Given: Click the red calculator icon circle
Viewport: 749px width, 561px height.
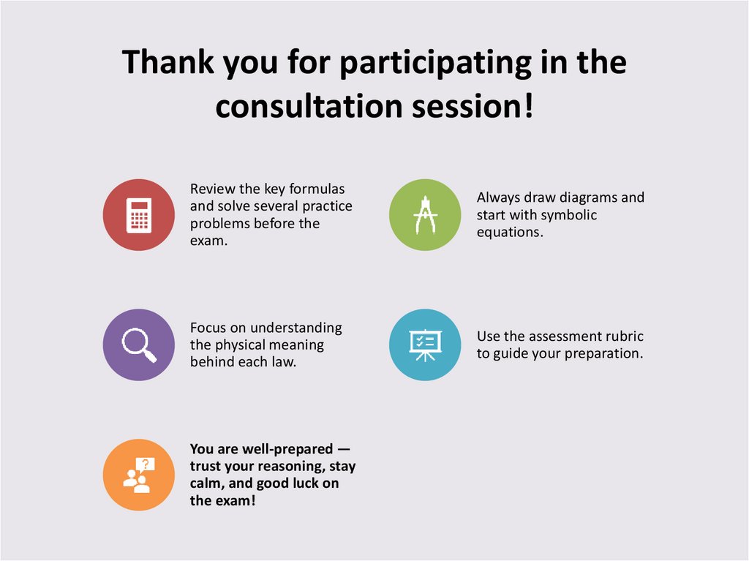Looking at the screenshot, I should click(x=139, y=215).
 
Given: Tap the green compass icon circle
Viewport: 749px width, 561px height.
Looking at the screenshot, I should click(x=425, y=215).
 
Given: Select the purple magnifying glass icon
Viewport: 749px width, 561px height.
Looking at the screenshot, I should click(x=139, y=344).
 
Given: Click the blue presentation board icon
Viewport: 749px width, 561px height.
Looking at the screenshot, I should click(x=425, y=344).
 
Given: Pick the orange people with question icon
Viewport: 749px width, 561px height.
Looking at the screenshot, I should click(x=139, y=474).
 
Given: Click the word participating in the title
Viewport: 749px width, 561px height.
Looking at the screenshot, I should click(x=435, y=63).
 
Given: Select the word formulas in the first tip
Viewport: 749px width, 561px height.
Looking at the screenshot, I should click(x=319, y=189).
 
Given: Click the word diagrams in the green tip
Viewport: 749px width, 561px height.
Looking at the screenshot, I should click(x=587, y=197).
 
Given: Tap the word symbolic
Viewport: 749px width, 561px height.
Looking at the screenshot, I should click(x=569, y=215).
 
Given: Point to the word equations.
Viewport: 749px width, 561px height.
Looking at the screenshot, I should click(x=509, y=233).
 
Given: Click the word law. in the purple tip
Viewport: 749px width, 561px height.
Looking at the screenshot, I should click(x=285, y=362).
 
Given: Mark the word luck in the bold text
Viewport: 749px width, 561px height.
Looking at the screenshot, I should click(x=300, y=483).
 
